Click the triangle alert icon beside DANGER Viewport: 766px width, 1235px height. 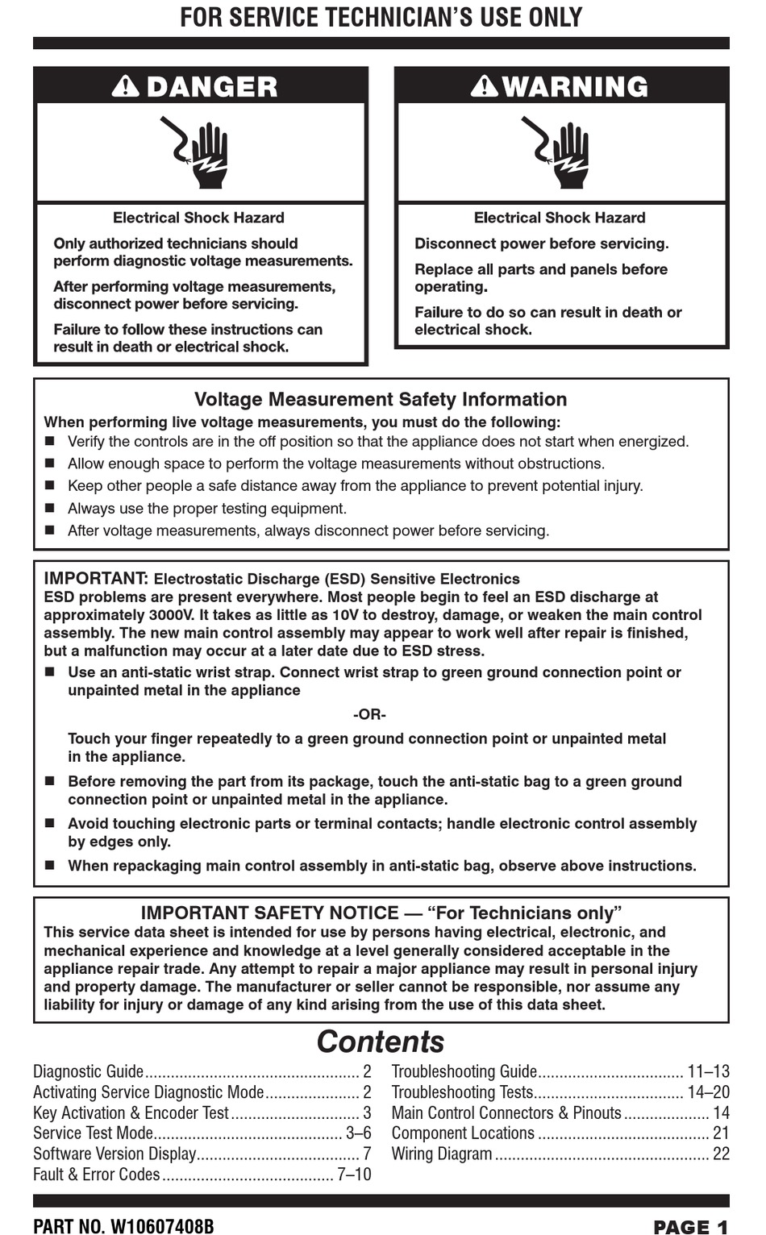[x=126, y=86]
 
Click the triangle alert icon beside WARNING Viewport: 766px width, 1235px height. [x=485, y=86]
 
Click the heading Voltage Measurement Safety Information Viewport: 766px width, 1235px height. [x=381, y=400]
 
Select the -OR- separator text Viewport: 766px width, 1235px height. [x=369, y=715]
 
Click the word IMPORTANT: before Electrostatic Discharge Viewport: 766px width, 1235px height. [x=95, y=579]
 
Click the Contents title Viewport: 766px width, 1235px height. [x=380, y=1042]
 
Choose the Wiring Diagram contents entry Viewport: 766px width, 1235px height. [x=442, y=1154]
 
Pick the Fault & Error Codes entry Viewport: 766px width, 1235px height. [x=97, y=1175]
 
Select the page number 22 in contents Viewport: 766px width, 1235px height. [x=721, y=1154]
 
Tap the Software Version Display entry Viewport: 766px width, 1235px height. [x=114, y=1154]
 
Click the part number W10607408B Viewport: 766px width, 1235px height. [x=161, y=1226]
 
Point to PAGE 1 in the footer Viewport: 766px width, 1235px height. [x=690, y=1227]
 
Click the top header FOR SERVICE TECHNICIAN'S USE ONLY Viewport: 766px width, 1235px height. [x=381, y=17]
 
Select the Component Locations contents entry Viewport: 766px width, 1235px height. [x=463, y=1133]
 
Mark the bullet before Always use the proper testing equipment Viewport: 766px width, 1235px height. [x=50, y=509]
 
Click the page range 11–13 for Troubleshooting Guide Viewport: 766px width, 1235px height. [x=708, y=1071]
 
